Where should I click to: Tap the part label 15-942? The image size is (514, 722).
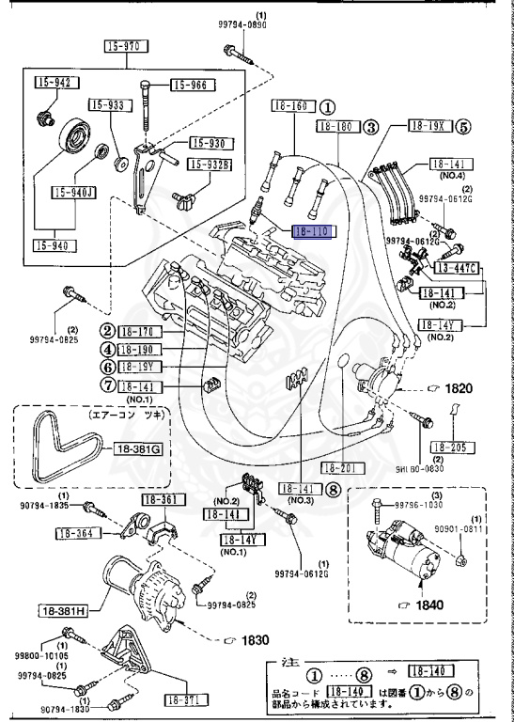54,83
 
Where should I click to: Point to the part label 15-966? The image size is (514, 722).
193,86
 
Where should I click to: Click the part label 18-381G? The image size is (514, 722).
140,449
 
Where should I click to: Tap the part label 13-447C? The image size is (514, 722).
457,269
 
